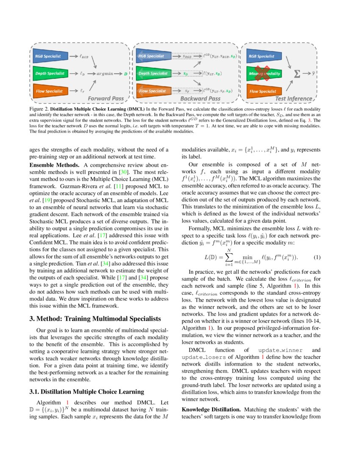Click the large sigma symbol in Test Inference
[298, 74]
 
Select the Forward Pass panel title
[105, 99]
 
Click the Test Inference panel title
[294, 99]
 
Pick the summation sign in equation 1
[229, 257]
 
